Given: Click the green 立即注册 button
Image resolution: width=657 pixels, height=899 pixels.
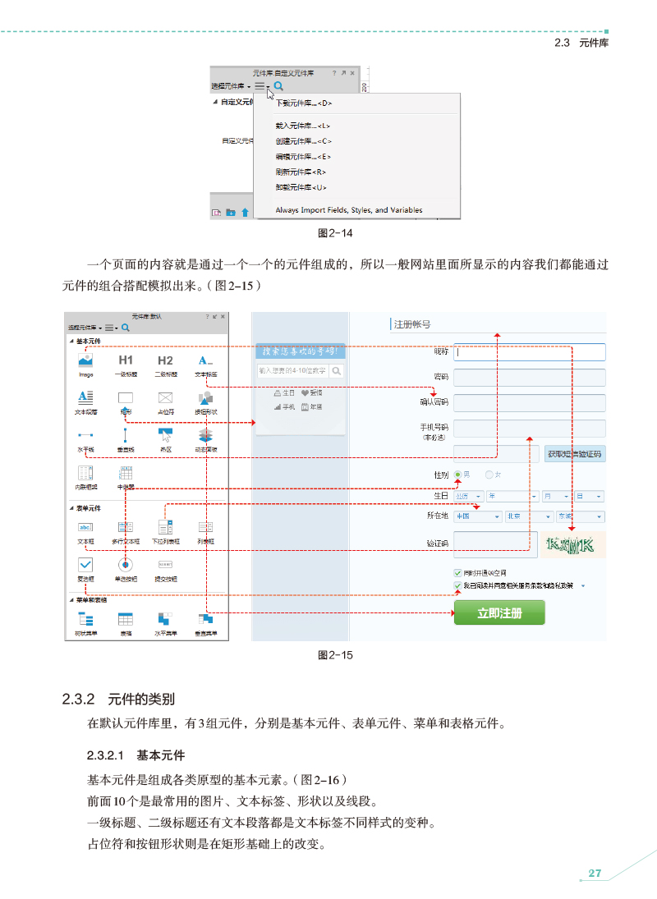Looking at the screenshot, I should [499, 612].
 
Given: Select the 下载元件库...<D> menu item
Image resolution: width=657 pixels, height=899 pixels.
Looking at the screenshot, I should [304, 103].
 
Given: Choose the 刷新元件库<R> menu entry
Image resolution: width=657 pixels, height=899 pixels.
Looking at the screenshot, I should [301, 172].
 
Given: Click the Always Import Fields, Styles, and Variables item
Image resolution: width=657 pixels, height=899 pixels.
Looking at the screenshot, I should [349, 210].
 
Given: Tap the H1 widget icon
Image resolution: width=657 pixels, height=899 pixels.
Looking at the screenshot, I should [126, 360].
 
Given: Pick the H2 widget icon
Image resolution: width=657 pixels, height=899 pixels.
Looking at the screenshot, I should [165, 360].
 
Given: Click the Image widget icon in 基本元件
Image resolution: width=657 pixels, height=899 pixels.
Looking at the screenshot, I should [85, 360].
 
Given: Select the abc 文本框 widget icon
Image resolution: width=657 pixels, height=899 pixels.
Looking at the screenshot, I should [85, 527].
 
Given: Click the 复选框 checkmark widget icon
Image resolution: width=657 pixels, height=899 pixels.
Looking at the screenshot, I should [85, 564].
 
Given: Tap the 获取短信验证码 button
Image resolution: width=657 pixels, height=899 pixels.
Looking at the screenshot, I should [575, 454].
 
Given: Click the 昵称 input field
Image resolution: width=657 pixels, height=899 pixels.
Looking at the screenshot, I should [529, 352].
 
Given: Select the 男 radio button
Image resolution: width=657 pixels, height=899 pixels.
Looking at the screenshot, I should [458, 475].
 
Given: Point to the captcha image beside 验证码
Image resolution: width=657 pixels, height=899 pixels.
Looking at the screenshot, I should [575, 544].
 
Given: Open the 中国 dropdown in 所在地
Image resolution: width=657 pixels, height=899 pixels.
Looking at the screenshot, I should [478, 516].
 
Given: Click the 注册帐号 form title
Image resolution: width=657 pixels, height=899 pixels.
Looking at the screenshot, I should [412, 324].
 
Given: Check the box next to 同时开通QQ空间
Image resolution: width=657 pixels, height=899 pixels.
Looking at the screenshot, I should [457, 572].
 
